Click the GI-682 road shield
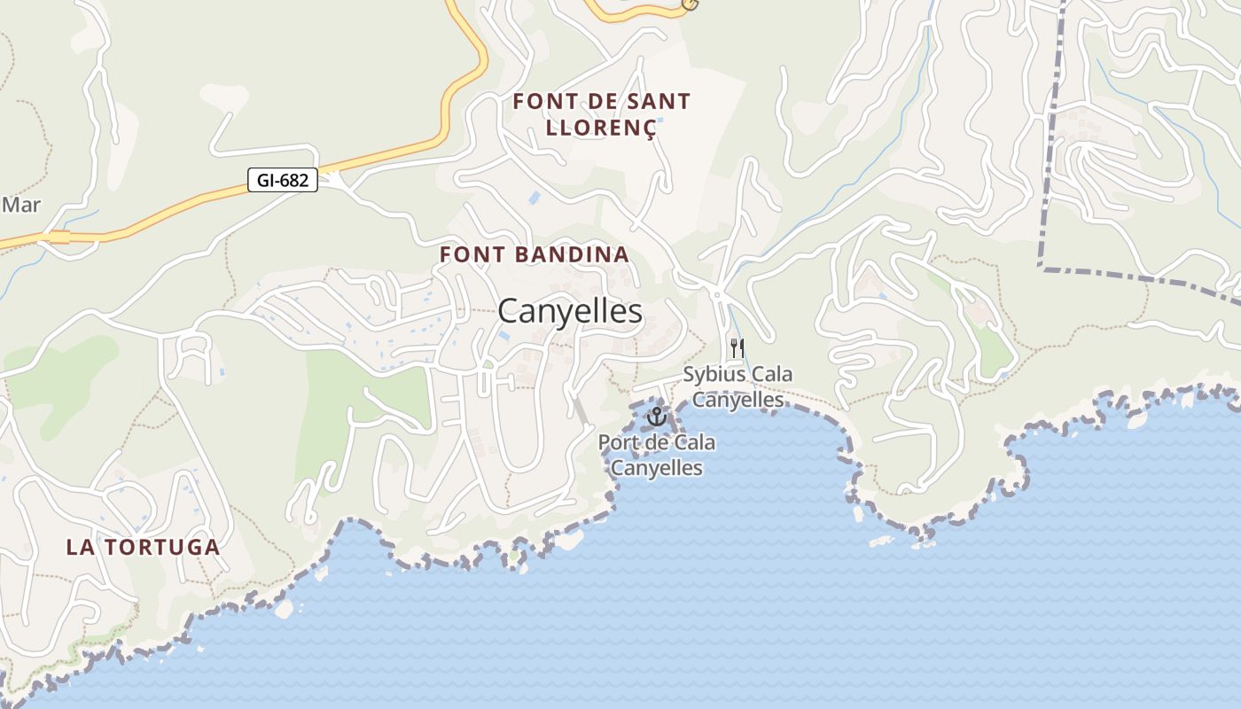282,181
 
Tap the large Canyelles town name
569,311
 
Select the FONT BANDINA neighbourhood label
535,254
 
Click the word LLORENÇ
601,128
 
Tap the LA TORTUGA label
143,547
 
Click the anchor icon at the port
656,416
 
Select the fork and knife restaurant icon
737,347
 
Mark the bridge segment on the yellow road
59,237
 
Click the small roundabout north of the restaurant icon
716,293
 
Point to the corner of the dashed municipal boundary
1042,266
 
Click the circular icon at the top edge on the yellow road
690,4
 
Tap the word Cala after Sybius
772,374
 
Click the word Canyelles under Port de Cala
657,468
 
